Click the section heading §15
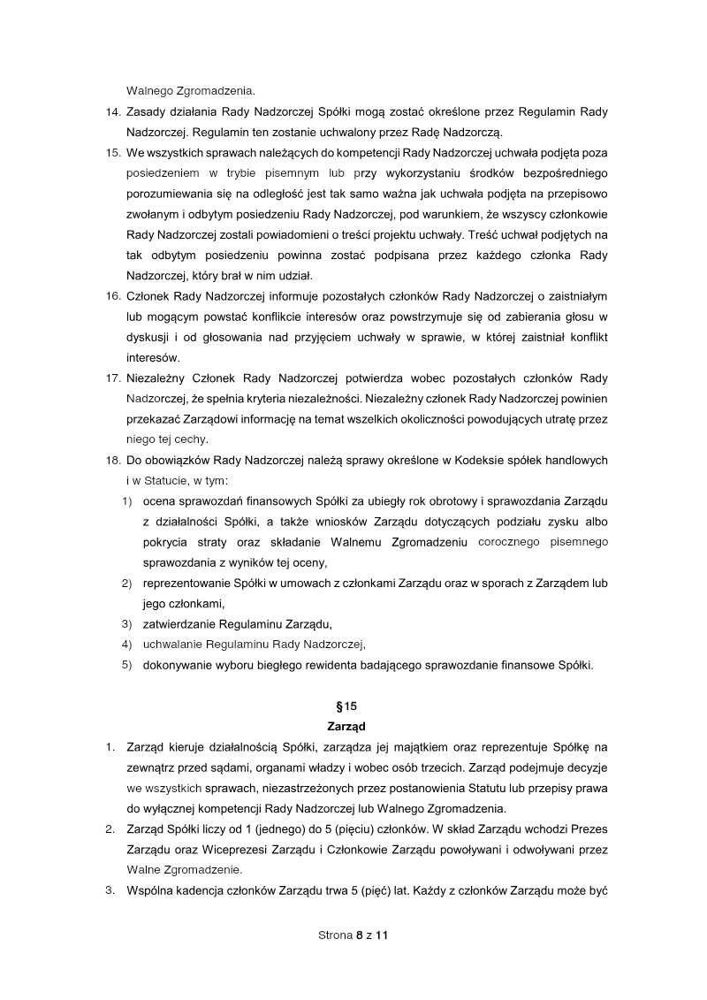pos(353,706)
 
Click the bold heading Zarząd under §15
pos(353,727)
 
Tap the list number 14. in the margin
pos(112,113)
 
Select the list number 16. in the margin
pos(112,296)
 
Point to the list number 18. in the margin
pos(112,460)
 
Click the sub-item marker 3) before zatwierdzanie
pos(126,624)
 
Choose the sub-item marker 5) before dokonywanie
pos(126,665)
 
